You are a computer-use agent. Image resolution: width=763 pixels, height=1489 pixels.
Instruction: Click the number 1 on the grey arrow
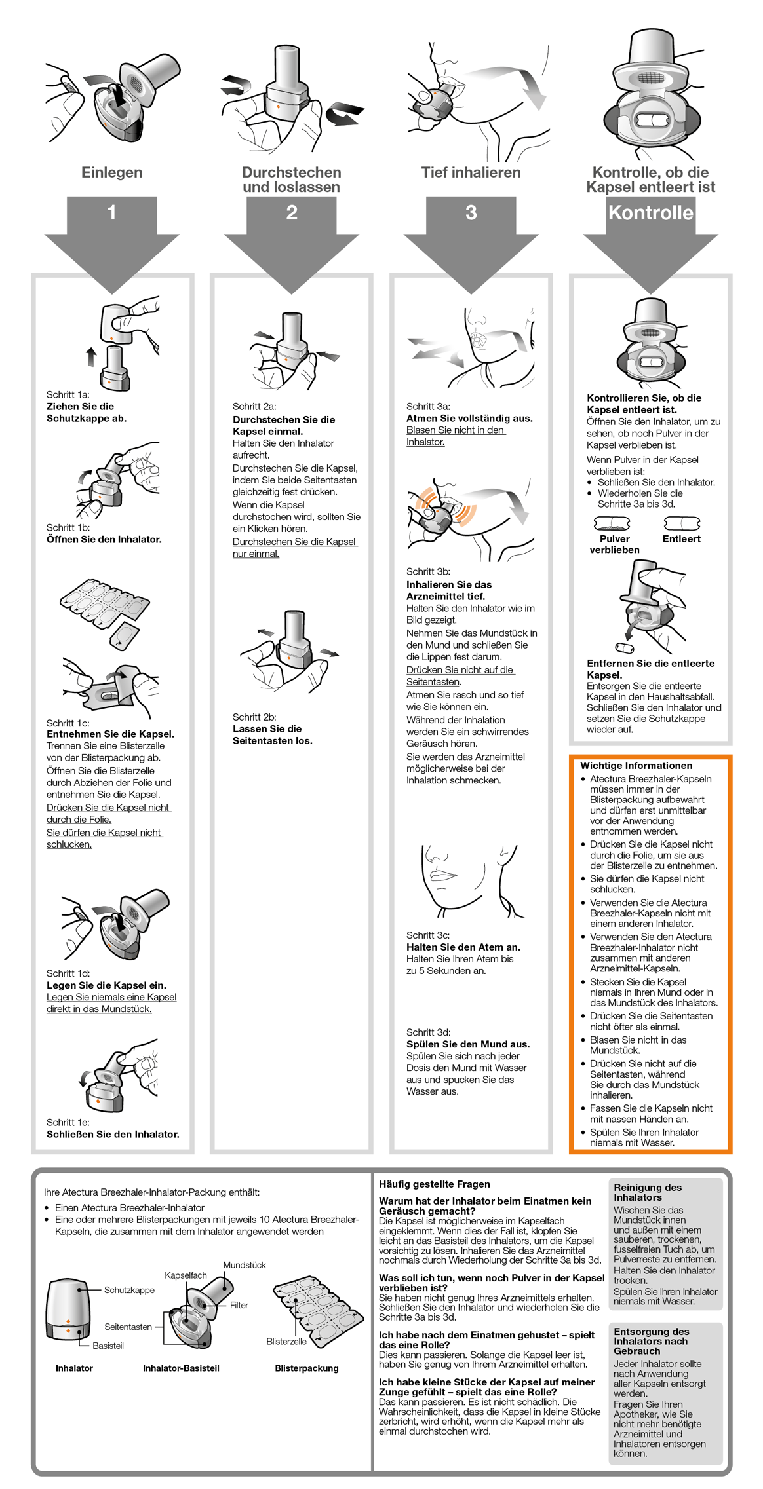coord(111,212)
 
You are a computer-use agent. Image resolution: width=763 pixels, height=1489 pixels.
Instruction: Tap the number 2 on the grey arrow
coord(292,212)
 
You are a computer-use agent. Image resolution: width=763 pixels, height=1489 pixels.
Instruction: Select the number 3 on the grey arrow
coord(471,212)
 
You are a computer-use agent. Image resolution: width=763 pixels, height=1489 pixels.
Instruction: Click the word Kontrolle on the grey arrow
coord(650,212)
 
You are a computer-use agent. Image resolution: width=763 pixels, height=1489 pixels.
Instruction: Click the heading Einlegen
coord(111,172)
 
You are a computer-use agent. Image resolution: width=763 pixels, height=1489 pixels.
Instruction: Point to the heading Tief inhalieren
coord(471,172)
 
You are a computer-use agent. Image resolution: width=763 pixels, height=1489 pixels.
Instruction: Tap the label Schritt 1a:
coord(68,394)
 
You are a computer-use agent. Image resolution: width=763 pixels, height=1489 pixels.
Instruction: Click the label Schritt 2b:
coord(254,717)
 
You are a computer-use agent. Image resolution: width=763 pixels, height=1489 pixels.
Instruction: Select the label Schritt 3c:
coord(427,935)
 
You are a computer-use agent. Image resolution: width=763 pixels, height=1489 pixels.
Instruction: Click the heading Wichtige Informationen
coord(636,765)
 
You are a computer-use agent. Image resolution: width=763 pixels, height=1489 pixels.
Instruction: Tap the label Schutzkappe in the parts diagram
coord(129,1290)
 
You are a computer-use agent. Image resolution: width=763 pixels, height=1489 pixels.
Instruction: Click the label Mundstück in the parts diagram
coord(245,1265)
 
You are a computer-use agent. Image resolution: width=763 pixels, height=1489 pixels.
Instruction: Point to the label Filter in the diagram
coord(239,1305)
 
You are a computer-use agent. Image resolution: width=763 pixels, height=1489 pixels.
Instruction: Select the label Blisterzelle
coord(286,1341)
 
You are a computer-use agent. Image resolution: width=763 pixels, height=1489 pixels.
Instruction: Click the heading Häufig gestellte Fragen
coord(434,1184)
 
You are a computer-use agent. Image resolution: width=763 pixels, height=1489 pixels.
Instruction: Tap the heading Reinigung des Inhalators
coord(647,1192)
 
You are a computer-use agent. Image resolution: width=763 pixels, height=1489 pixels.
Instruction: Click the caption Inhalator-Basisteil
coord(181,1368)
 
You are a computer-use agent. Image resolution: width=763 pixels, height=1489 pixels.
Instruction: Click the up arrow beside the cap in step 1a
coord(91,356)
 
